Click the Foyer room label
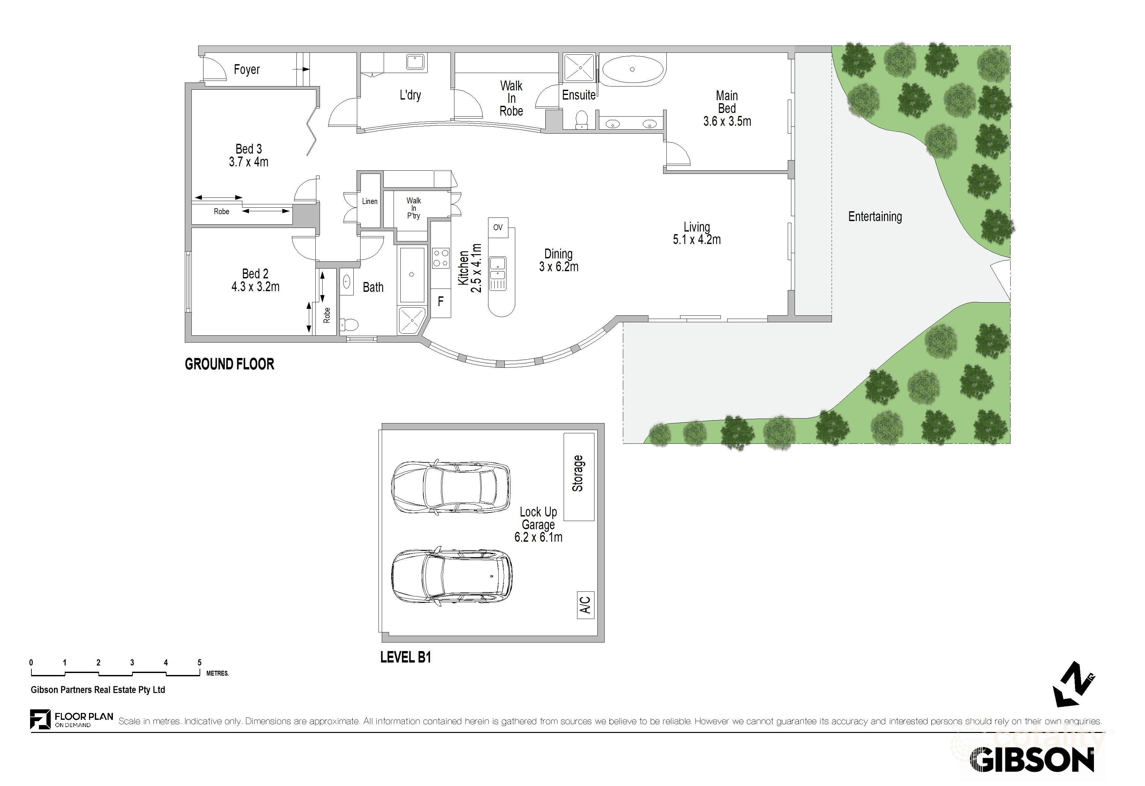pos(246,69)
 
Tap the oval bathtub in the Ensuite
pos(632,70)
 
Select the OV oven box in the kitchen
pos(498,227)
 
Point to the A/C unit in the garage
pos(585,605)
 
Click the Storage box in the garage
pos(578,476)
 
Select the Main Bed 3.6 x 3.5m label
pos(727,108)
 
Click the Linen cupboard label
pos(370,201)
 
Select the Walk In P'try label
pos(414,208)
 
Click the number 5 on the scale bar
pos(200,662)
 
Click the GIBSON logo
pos(1032,760)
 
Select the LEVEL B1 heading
pos(405,657)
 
